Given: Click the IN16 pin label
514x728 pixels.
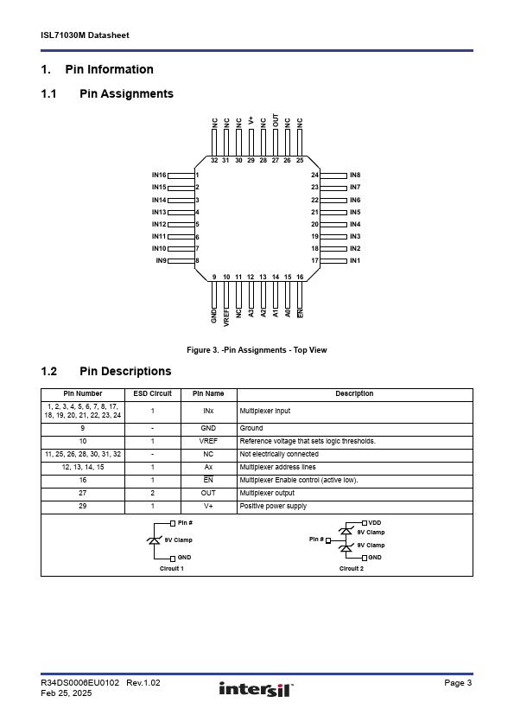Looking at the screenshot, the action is (159, 175).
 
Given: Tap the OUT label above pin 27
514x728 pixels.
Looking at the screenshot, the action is (276, 121).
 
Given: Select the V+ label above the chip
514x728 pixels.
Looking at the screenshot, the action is (251, 121).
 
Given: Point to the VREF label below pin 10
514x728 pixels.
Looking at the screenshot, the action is (226, 317).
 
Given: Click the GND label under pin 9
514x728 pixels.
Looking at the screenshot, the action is (214, 316).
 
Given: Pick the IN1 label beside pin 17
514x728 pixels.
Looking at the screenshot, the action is (355, 260).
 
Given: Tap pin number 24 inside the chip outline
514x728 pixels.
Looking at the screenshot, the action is (315, 175).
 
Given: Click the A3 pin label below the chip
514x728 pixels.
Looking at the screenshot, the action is (251, 313).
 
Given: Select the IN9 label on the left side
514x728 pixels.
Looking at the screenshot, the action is (161, 260).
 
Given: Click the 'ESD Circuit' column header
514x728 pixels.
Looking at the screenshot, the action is (153, 393).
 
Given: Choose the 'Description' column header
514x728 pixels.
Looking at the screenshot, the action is (354, 393).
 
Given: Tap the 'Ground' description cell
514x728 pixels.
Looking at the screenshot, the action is (251, 428).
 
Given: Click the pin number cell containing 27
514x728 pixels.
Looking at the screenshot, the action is (83, 493).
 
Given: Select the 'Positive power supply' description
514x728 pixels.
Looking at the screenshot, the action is (273, 506).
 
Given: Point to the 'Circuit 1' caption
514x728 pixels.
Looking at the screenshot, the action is (172, 568).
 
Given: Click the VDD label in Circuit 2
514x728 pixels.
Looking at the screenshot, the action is (375, 523).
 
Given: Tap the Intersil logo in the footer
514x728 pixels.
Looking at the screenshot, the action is (257, 689).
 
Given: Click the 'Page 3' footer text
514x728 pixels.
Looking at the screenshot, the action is (458, 682).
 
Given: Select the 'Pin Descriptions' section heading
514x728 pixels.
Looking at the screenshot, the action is (125, 372).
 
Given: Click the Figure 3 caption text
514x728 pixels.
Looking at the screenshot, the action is (257, 350).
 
